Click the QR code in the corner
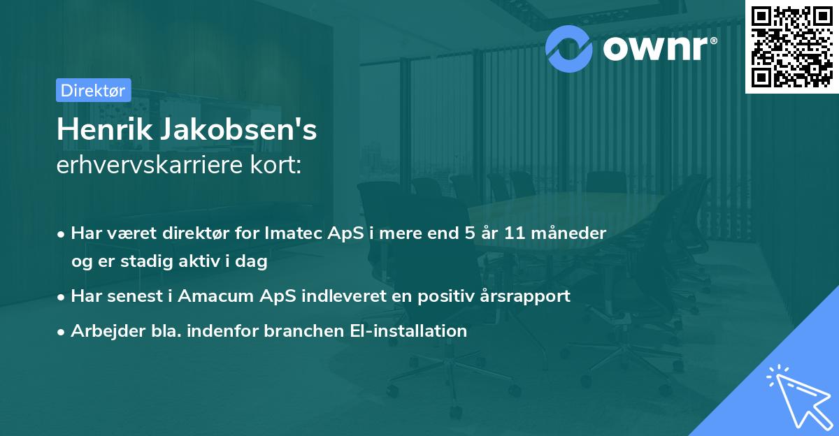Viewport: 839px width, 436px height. click(791, 47)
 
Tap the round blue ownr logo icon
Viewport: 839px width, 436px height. click(569, 48)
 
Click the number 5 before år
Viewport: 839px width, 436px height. click(460, 233)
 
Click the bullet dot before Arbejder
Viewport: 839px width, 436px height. click(63, 332)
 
